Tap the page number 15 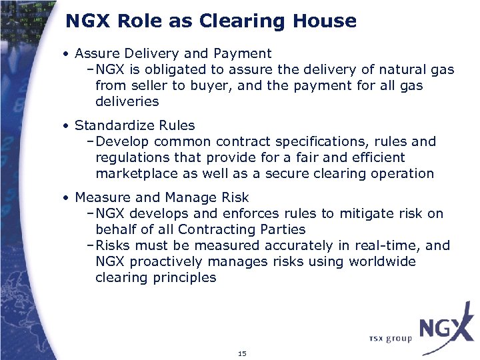241,353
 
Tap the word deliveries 127,101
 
